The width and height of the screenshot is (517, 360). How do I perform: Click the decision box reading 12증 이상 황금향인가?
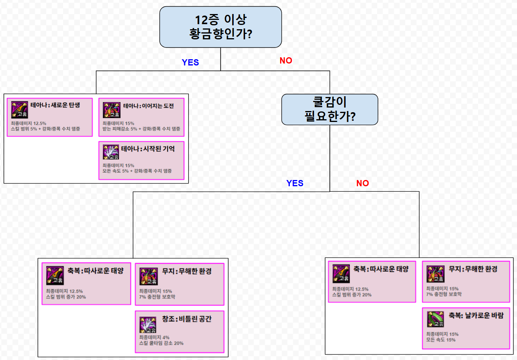[x=221, y=27]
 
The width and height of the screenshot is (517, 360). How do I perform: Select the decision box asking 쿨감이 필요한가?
[x=330, y=109]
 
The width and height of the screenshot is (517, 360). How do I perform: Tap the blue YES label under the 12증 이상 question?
[x=190, y=62]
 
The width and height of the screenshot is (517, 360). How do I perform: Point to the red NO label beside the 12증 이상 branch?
[x=286, y=60]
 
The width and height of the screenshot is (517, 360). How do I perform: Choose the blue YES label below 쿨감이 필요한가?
[x=295, y=183]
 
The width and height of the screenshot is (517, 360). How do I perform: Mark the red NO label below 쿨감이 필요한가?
[x=363, y=183]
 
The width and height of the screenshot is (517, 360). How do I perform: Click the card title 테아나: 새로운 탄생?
[x=55, y=105]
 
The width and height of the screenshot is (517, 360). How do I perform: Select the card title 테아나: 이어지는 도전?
[x=148, y=106]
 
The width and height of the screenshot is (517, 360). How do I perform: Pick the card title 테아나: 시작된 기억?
[x=148, y=148]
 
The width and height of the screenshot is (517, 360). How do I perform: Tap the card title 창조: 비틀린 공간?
[x=187, y=319]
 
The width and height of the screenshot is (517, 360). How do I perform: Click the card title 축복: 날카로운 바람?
[x=476, y=315]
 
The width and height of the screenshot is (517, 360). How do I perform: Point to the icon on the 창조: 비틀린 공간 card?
[x=148, y=325]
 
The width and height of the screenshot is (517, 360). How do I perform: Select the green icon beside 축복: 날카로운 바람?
[x=436, y=319]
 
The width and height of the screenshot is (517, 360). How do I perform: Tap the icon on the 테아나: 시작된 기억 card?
[x=111, y=152]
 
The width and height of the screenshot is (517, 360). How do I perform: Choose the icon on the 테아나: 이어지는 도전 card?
[x=111, y=110]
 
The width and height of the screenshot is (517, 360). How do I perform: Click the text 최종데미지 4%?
[x=154, y=337]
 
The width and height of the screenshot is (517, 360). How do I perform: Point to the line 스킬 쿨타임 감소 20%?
[x=161, y=343]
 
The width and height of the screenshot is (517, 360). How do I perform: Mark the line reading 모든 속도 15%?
[x=441, y=340]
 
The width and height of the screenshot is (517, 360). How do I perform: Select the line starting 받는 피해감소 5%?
[x=141, y=129]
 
